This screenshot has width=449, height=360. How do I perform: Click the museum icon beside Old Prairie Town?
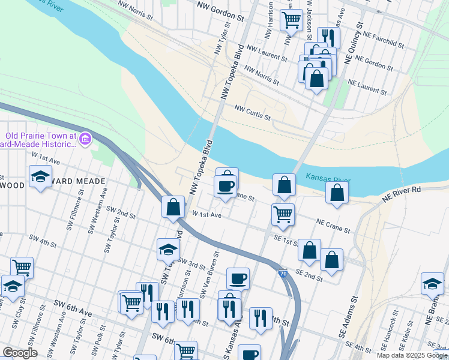click(x=85, y=139)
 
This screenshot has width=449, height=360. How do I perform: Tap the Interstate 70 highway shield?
click(x=282, y=274)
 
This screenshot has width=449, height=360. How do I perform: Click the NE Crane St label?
click(x=334, y=226)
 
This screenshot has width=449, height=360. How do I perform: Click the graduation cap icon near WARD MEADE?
click(x=40, y=177)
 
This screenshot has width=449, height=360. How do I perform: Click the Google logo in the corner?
click(x=20, y=353)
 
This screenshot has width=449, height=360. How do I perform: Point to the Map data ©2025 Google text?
click(x=412, y=355)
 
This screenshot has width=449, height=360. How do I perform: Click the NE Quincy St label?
click(x=354, y=43)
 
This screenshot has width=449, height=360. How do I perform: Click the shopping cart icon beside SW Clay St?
click(x=22, y=267)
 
